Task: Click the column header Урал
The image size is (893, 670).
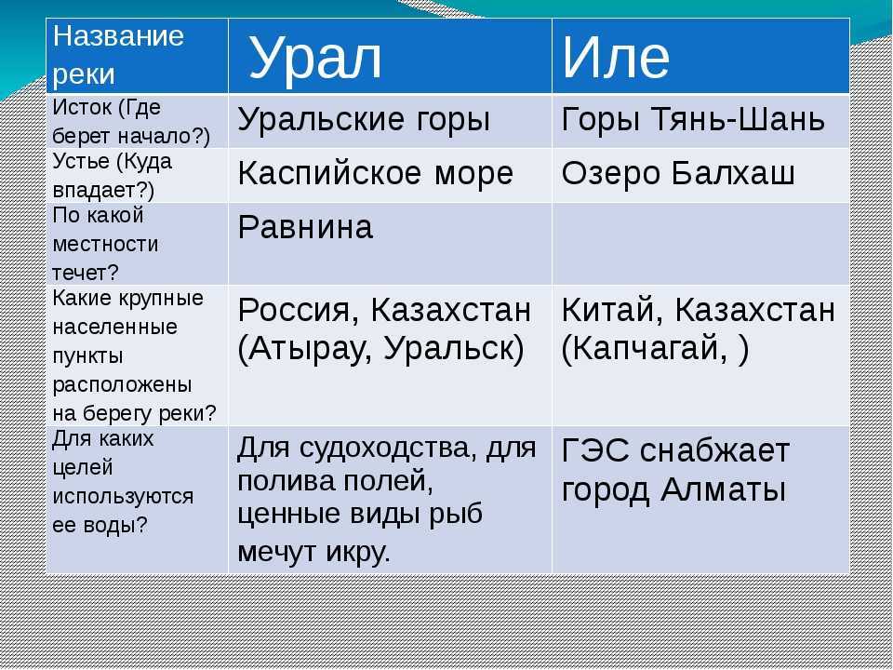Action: click(x=315, y=58)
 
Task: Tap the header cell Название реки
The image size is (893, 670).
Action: click(x=118, y=55)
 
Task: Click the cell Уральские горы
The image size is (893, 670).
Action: click(x=364, y=120)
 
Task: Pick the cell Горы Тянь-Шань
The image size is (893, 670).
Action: click(x=693, y=120)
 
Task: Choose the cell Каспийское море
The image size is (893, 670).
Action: click(x=375, y=173)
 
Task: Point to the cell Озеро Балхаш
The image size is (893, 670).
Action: click(x=678, y=173)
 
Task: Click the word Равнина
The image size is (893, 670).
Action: click(x=305, y=227)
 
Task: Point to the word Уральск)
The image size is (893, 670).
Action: click(x=454, y=349)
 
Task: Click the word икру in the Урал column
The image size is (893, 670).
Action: click(x=358, y=551)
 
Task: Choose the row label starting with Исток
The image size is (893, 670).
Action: click(x=131, y=122)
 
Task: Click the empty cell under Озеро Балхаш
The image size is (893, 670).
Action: click(x=700, y=244)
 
